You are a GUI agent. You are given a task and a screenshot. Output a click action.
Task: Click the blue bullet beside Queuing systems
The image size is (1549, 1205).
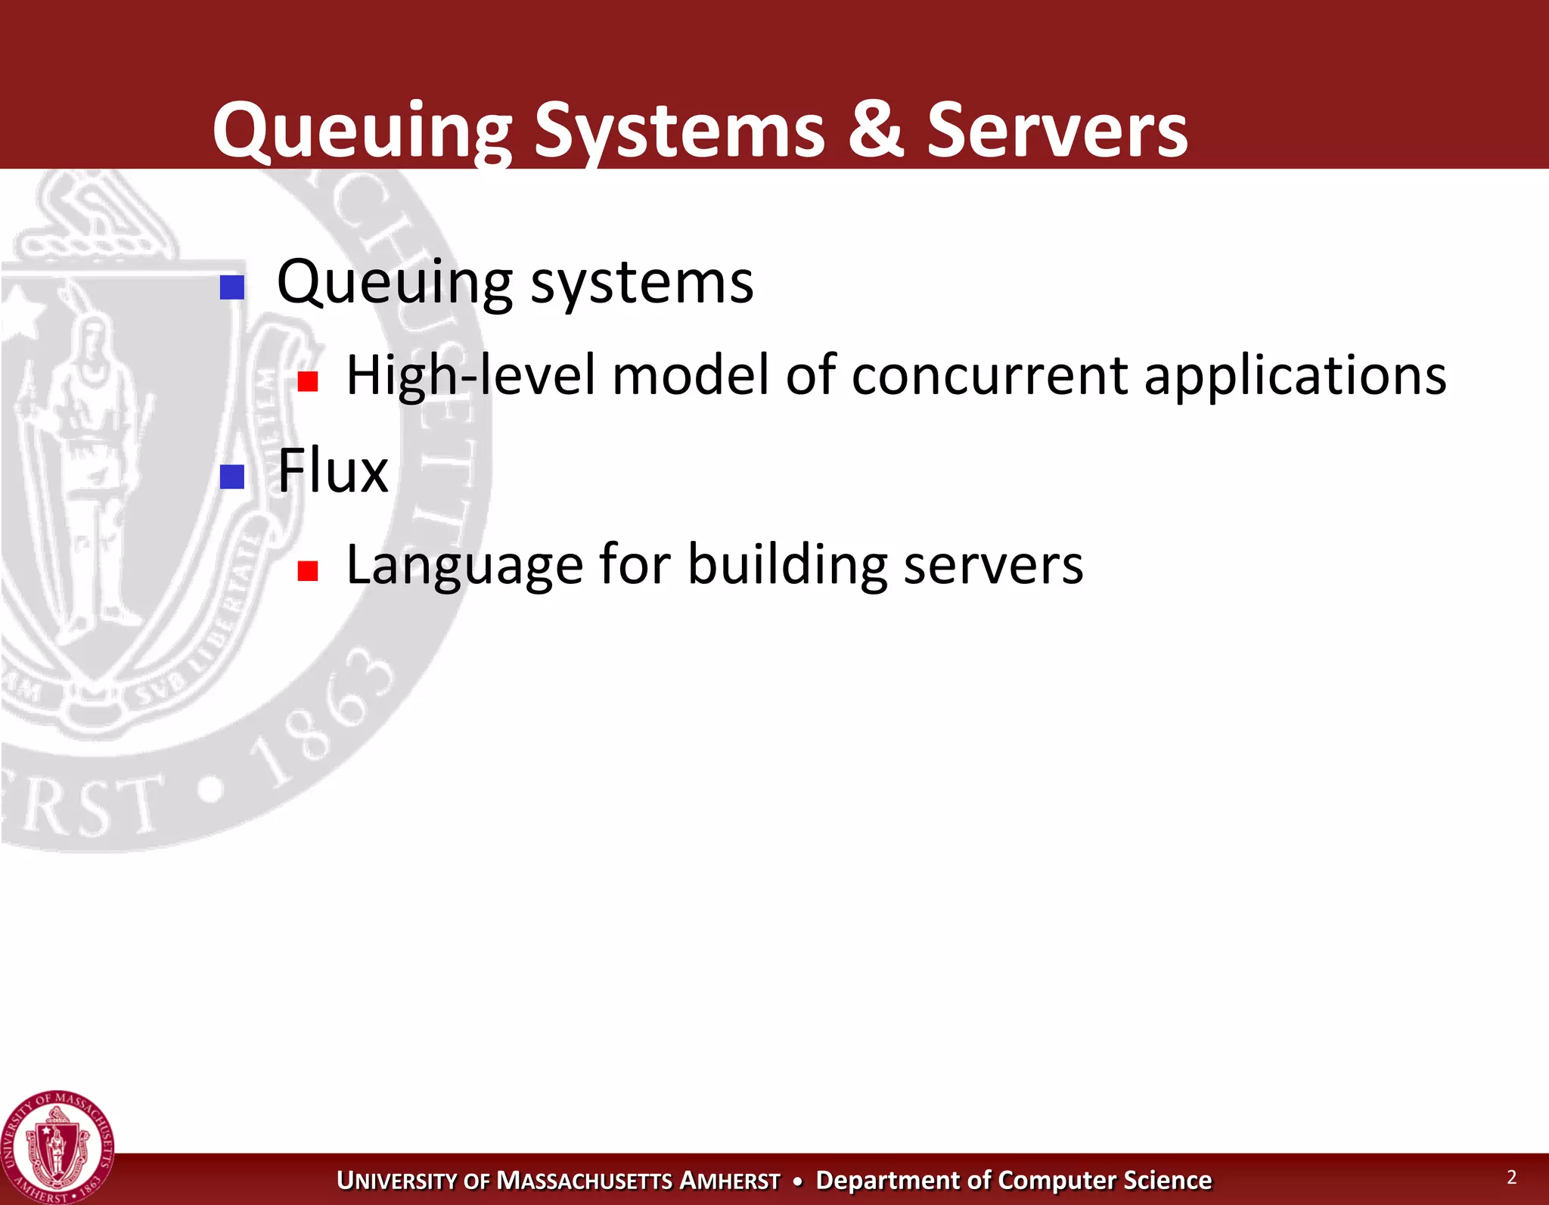pos(232,287)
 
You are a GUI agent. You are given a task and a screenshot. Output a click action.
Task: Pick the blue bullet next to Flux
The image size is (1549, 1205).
pos(232,477)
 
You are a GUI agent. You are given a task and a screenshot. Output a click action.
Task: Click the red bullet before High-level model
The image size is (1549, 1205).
pos(307,381)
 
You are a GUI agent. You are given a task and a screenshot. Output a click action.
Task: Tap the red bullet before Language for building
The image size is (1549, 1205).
pos(307,570)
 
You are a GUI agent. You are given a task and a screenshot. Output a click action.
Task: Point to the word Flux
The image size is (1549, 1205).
pos(333,471)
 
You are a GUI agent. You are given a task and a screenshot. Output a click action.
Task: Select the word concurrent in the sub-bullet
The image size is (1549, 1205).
pos(989,376)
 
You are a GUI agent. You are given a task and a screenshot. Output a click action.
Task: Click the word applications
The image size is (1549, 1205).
pos(1295,376)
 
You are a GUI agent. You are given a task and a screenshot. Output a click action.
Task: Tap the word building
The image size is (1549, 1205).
pos(787,566)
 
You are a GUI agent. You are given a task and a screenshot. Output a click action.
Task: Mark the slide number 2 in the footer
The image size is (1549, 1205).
pos(1511,1177)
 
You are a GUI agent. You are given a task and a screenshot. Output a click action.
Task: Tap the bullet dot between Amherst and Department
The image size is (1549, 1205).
pos(797,1181)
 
